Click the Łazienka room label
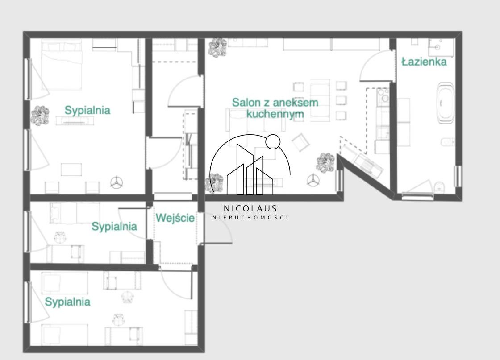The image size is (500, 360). (x=424, y=61)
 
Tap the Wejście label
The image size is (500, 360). (x=175, y=218)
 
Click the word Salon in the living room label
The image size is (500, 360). (x=244, y=102)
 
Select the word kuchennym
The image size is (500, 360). (x=275, y=114)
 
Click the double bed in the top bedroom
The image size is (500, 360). (x=62, y=65)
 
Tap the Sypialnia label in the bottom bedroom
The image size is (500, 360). (x=67, y=302)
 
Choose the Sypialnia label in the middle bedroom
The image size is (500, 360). (x=114, y=227)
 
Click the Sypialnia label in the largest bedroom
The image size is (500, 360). (x=87, y=110)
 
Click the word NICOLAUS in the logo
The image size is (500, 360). (x=250, y=208)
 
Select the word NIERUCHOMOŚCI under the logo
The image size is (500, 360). (x=250, y=218)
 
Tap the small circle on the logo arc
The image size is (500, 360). (x=273, y=141)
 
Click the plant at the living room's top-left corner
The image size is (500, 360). (x=217, y=48)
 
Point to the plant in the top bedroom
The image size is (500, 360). (x=40, y=116)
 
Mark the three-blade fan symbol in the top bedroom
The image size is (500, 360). (x=117, y=182)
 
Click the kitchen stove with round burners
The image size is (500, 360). (x=383, y=97)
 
